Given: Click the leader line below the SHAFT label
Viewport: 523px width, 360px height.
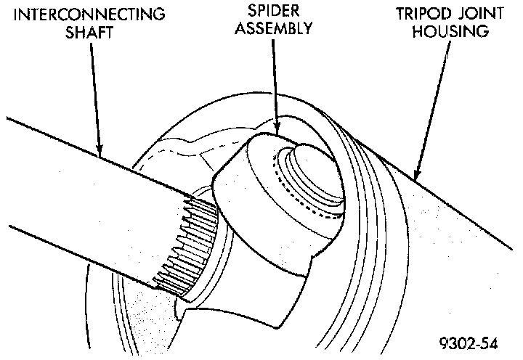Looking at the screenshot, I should pos(97,94).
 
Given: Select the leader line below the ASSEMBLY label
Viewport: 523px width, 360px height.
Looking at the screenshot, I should pos(275,80).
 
